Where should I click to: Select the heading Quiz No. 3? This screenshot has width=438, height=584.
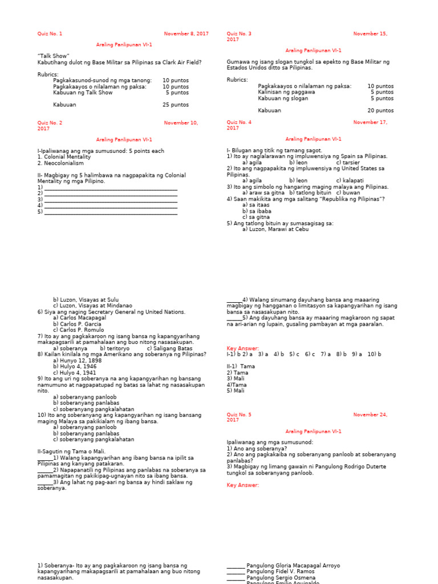click(x=239, y=34)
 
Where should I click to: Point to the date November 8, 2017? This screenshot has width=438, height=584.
click(x=186, y=34)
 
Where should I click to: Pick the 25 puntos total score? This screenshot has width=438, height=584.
click(x=176, y=105)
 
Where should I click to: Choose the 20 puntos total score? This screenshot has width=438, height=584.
click(x=380, y=111)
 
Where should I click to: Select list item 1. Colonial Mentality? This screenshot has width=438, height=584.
click(x=64, y=157)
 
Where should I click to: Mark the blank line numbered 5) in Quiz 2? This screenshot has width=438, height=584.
click(x=108, y=212)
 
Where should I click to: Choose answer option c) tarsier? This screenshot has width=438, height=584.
click(x=348, y=163)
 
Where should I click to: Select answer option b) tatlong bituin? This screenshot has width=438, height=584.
click(x=310, y=193)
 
